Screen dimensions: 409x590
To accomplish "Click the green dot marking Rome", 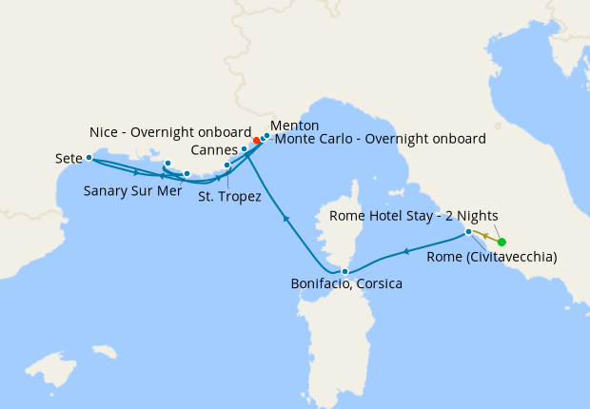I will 501,242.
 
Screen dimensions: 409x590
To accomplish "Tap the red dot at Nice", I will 257,141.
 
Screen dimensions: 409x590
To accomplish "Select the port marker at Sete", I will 88,158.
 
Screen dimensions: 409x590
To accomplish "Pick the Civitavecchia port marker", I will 468,232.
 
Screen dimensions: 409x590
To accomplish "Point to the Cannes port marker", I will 245,149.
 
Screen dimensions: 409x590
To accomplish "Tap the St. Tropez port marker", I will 226,166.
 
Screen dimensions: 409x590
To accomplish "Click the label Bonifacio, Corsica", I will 347,284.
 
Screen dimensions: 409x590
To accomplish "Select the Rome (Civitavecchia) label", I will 492,257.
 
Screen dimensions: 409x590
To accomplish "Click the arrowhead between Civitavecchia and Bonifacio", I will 407,251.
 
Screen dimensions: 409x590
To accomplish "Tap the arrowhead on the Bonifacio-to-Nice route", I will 285,219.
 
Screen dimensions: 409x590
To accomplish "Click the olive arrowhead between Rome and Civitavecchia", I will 484,236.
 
